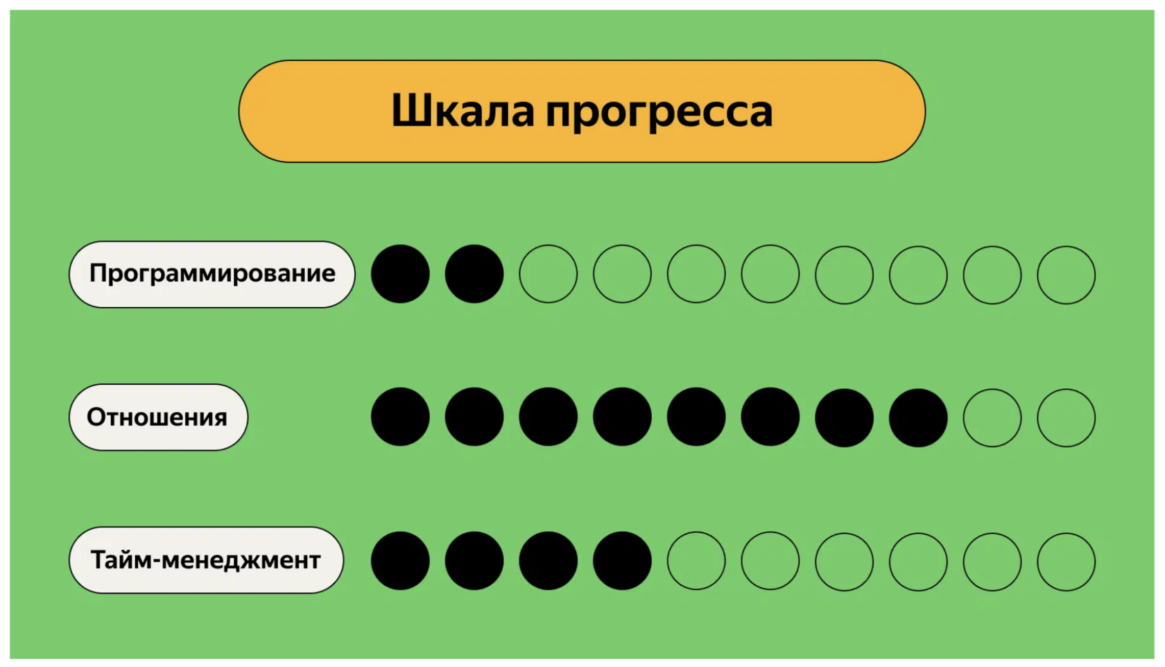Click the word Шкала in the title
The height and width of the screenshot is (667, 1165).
[463, 111]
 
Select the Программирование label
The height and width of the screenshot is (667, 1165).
[212, 274]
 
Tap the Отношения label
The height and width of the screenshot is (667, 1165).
[158, 417]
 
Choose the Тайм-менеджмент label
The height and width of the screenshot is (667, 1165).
[206, 560]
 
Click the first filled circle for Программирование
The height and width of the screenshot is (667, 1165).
[400, 274]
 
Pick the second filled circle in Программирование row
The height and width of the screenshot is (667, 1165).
[474, 274]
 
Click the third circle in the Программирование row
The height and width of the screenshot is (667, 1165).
[549, 274]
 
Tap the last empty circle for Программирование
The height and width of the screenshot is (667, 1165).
[1066, 275]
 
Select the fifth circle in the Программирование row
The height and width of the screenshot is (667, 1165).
[696, 274]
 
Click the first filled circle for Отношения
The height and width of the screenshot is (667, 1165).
[400, 417]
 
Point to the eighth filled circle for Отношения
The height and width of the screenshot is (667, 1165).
[918, 417]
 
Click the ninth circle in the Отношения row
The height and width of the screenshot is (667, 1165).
[992, 417]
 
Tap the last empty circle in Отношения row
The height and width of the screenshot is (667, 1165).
[1066, 417]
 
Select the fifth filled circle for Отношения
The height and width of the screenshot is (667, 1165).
[696, 417]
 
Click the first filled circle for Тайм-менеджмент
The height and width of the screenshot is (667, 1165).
[400, 561]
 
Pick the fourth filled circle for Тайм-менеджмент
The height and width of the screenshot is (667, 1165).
[622, 561]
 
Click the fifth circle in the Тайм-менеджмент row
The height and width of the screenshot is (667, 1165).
[696, 561]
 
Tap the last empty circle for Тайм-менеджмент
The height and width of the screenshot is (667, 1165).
[1066, 562]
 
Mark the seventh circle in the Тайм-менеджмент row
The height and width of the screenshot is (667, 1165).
[844, 562]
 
